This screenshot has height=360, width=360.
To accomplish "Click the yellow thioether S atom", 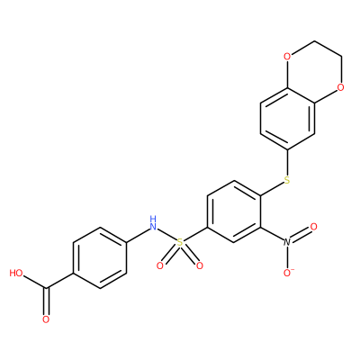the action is click(x=287, y=180).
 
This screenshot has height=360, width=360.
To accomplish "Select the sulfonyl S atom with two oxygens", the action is click(x=180, y=242).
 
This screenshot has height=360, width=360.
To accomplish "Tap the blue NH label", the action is click(x=153, y=222).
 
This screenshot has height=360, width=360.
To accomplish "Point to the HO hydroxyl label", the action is click(x=16, y=273).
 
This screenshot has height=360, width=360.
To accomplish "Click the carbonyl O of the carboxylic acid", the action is click(x=46, y=319).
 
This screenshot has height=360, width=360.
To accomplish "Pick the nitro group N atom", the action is click(x=287, y=242).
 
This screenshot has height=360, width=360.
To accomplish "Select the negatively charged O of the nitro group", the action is click(x=288, y=273).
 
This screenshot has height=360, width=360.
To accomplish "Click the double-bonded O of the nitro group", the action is click(x=314, y=227).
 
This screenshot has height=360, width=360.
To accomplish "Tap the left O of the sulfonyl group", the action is click(x=160, y=265).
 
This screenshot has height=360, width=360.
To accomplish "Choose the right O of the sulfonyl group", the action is click(x=200, y=265).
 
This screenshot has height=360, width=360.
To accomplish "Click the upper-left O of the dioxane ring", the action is click(x=287, y=57).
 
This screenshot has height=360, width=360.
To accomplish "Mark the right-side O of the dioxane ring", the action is click(x=340, y=87).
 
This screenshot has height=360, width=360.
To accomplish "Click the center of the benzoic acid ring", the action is click(x=100, y=258).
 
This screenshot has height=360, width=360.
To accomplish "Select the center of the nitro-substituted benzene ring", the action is click(x=234, y=211).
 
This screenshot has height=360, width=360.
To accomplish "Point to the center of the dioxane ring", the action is click(x=314, y=72).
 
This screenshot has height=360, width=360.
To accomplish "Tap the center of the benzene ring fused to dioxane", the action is click(x=287, y=119).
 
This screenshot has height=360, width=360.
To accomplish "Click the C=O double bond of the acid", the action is click(x=46, y=301).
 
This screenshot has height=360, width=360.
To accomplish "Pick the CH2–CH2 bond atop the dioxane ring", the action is click(x=328, y=49).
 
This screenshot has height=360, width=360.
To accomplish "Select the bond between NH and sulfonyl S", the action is click(x=166, y=235).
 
